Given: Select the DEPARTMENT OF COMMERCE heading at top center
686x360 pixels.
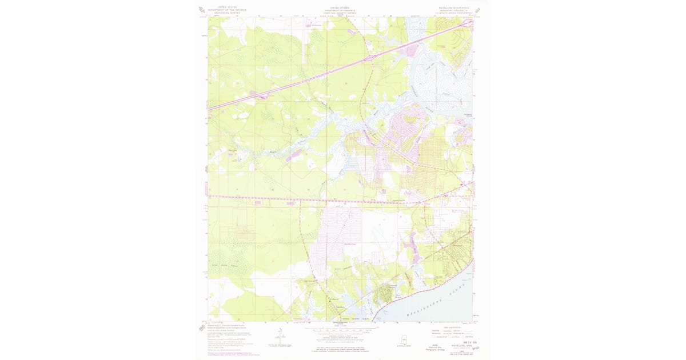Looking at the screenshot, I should (x=340, y=10).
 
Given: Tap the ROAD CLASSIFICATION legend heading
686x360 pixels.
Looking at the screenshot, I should (x=452, y=326).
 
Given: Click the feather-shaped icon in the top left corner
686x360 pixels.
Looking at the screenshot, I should (x=202, y=10).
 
